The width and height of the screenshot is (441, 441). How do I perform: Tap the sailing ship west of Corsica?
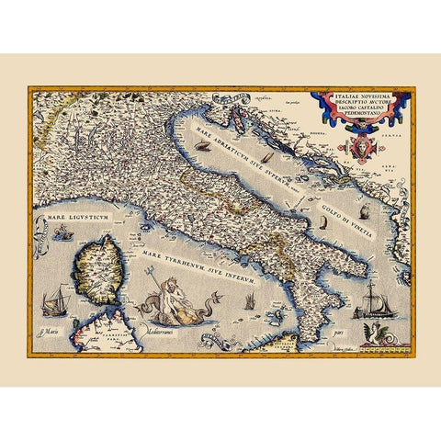[54, 299]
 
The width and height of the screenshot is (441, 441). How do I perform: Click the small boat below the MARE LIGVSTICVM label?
[62, 236]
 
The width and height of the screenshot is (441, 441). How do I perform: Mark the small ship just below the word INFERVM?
[248, 301]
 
